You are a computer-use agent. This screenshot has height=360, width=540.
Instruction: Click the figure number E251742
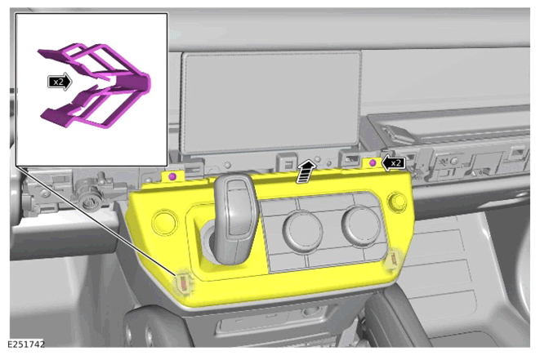click(x=26, y=344)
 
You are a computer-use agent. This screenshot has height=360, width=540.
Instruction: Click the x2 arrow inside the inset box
click(x=60, y=82)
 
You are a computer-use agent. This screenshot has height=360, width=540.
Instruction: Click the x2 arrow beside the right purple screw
click(x=394, y=162)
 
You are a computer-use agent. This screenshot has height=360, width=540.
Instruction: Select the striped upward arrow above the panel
click(x=306, y=171)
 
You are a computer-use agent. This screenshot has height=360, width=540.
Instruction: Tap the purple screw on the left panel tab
click(x=172, y=176)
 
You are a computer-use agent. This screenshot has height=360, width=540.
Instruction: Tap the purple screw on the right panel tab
click(x=373, y=162)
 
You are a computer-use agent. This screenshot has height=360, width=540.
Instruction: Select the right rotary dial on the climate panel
click(x=361, y=225)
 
